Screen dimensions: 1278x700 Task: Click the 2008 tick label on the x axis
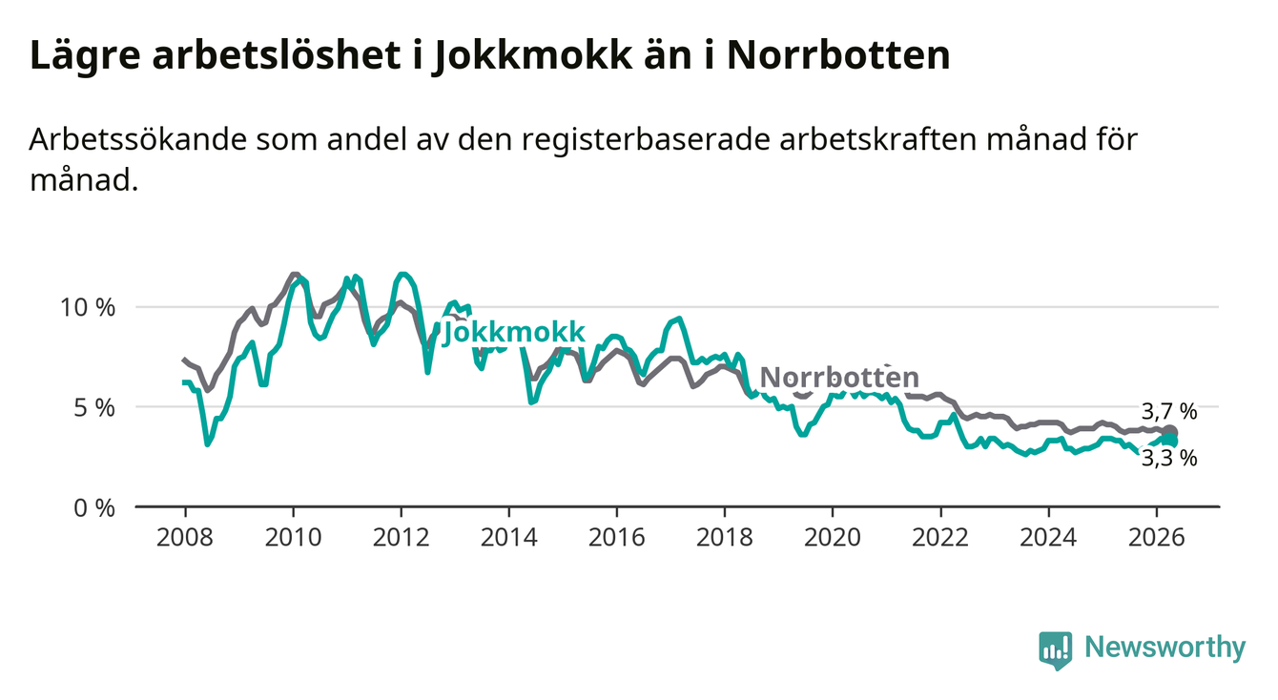[x=184, y=538]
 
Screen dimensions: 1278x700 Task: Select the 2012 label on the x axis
[x=401, y=538]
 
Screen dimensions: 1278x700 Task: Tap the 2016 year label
[x=616, y=538]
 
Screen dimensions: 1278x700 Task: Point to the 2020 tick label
[x=833, y=538]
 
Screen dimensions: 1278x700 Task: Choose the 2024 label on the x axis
[x=1048, y=538]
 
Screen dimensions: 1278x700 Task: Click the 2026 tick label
[x=1157, y=538]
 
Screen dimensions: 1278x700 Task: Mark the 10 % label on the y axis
[x=88, y=308]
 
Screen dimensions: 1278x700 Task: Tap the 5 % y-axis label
[x=94, y=408]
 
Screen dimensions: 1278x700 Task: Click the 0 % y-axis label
[x=94, y=507]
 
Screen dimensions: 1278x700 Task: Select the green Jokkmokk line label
[x=513, y=332]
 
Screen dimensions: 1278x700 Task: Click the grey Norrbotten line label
[x=839, y=378]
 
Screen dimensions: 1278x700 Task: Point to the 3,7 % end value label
[x=1169, y=411]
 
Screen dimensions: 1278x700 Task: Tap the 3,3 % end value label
[x=1169, y=458]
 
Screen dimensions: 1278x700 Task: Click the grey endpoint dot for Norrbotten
[x=1169, y=432]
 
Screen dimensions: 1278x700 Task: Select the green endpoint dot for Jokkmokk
[x=1170, y=441]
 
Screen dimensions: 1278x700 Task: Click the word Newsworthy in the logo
[x=1165, y=648]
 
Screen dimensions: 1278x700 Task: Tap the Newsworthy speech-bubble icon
[x=1055, y=650]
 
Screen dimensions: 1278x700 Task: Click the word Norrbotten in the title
[x=838, y=55]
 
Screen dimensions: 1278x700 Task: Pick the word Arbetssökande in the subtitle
[x=137, y=140]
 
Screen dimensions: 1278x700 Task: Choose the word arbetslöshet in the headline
[x=277, y=55]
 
